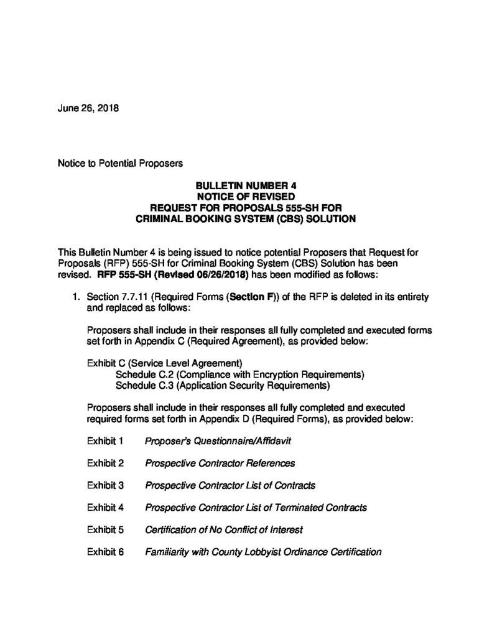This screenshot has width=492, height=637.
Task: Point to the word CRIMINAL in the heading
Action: click(x=164, y=218)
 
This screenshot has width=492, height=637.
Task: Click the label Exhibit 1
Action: click(x=106, y=441)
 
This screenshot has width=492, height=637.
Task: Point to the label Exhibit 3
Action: click(x=106, y=485)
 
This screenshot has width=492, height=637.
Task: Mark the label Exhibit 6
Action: click(x=106, y=551)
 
